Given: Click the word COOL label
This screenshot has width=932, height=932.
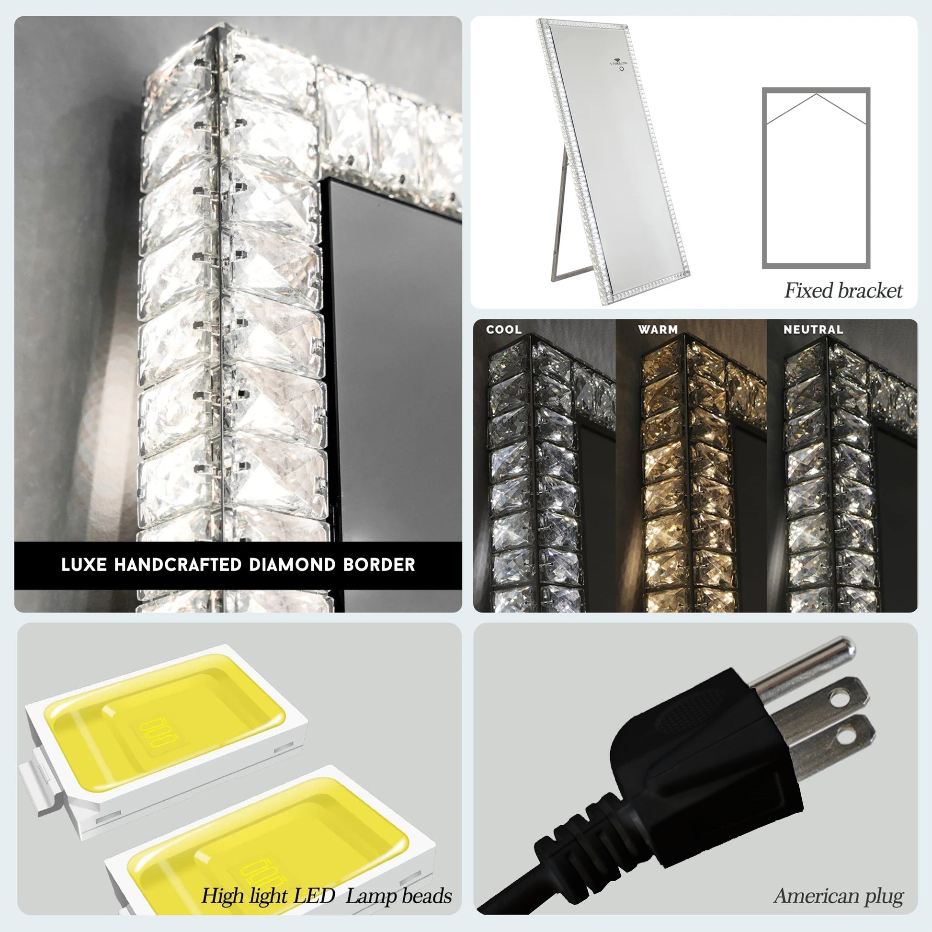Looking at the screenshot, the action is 504,330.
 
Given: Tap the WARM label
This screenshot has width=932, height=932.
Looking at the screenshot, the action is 658,330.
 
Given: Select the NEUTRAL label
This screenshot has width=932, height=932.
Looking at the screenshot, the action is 813,330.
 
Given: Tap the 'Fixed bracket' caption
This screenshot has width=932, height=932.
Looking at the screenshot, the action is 843,290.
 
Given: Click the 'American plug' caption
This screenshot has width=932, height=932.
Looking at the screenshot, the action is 839,896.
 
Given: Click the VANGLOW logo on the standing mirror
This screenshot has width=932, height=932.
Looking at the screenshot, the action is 619,62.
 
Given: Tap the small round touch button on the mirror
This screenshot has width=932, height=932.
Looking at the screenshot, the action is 622,69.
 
